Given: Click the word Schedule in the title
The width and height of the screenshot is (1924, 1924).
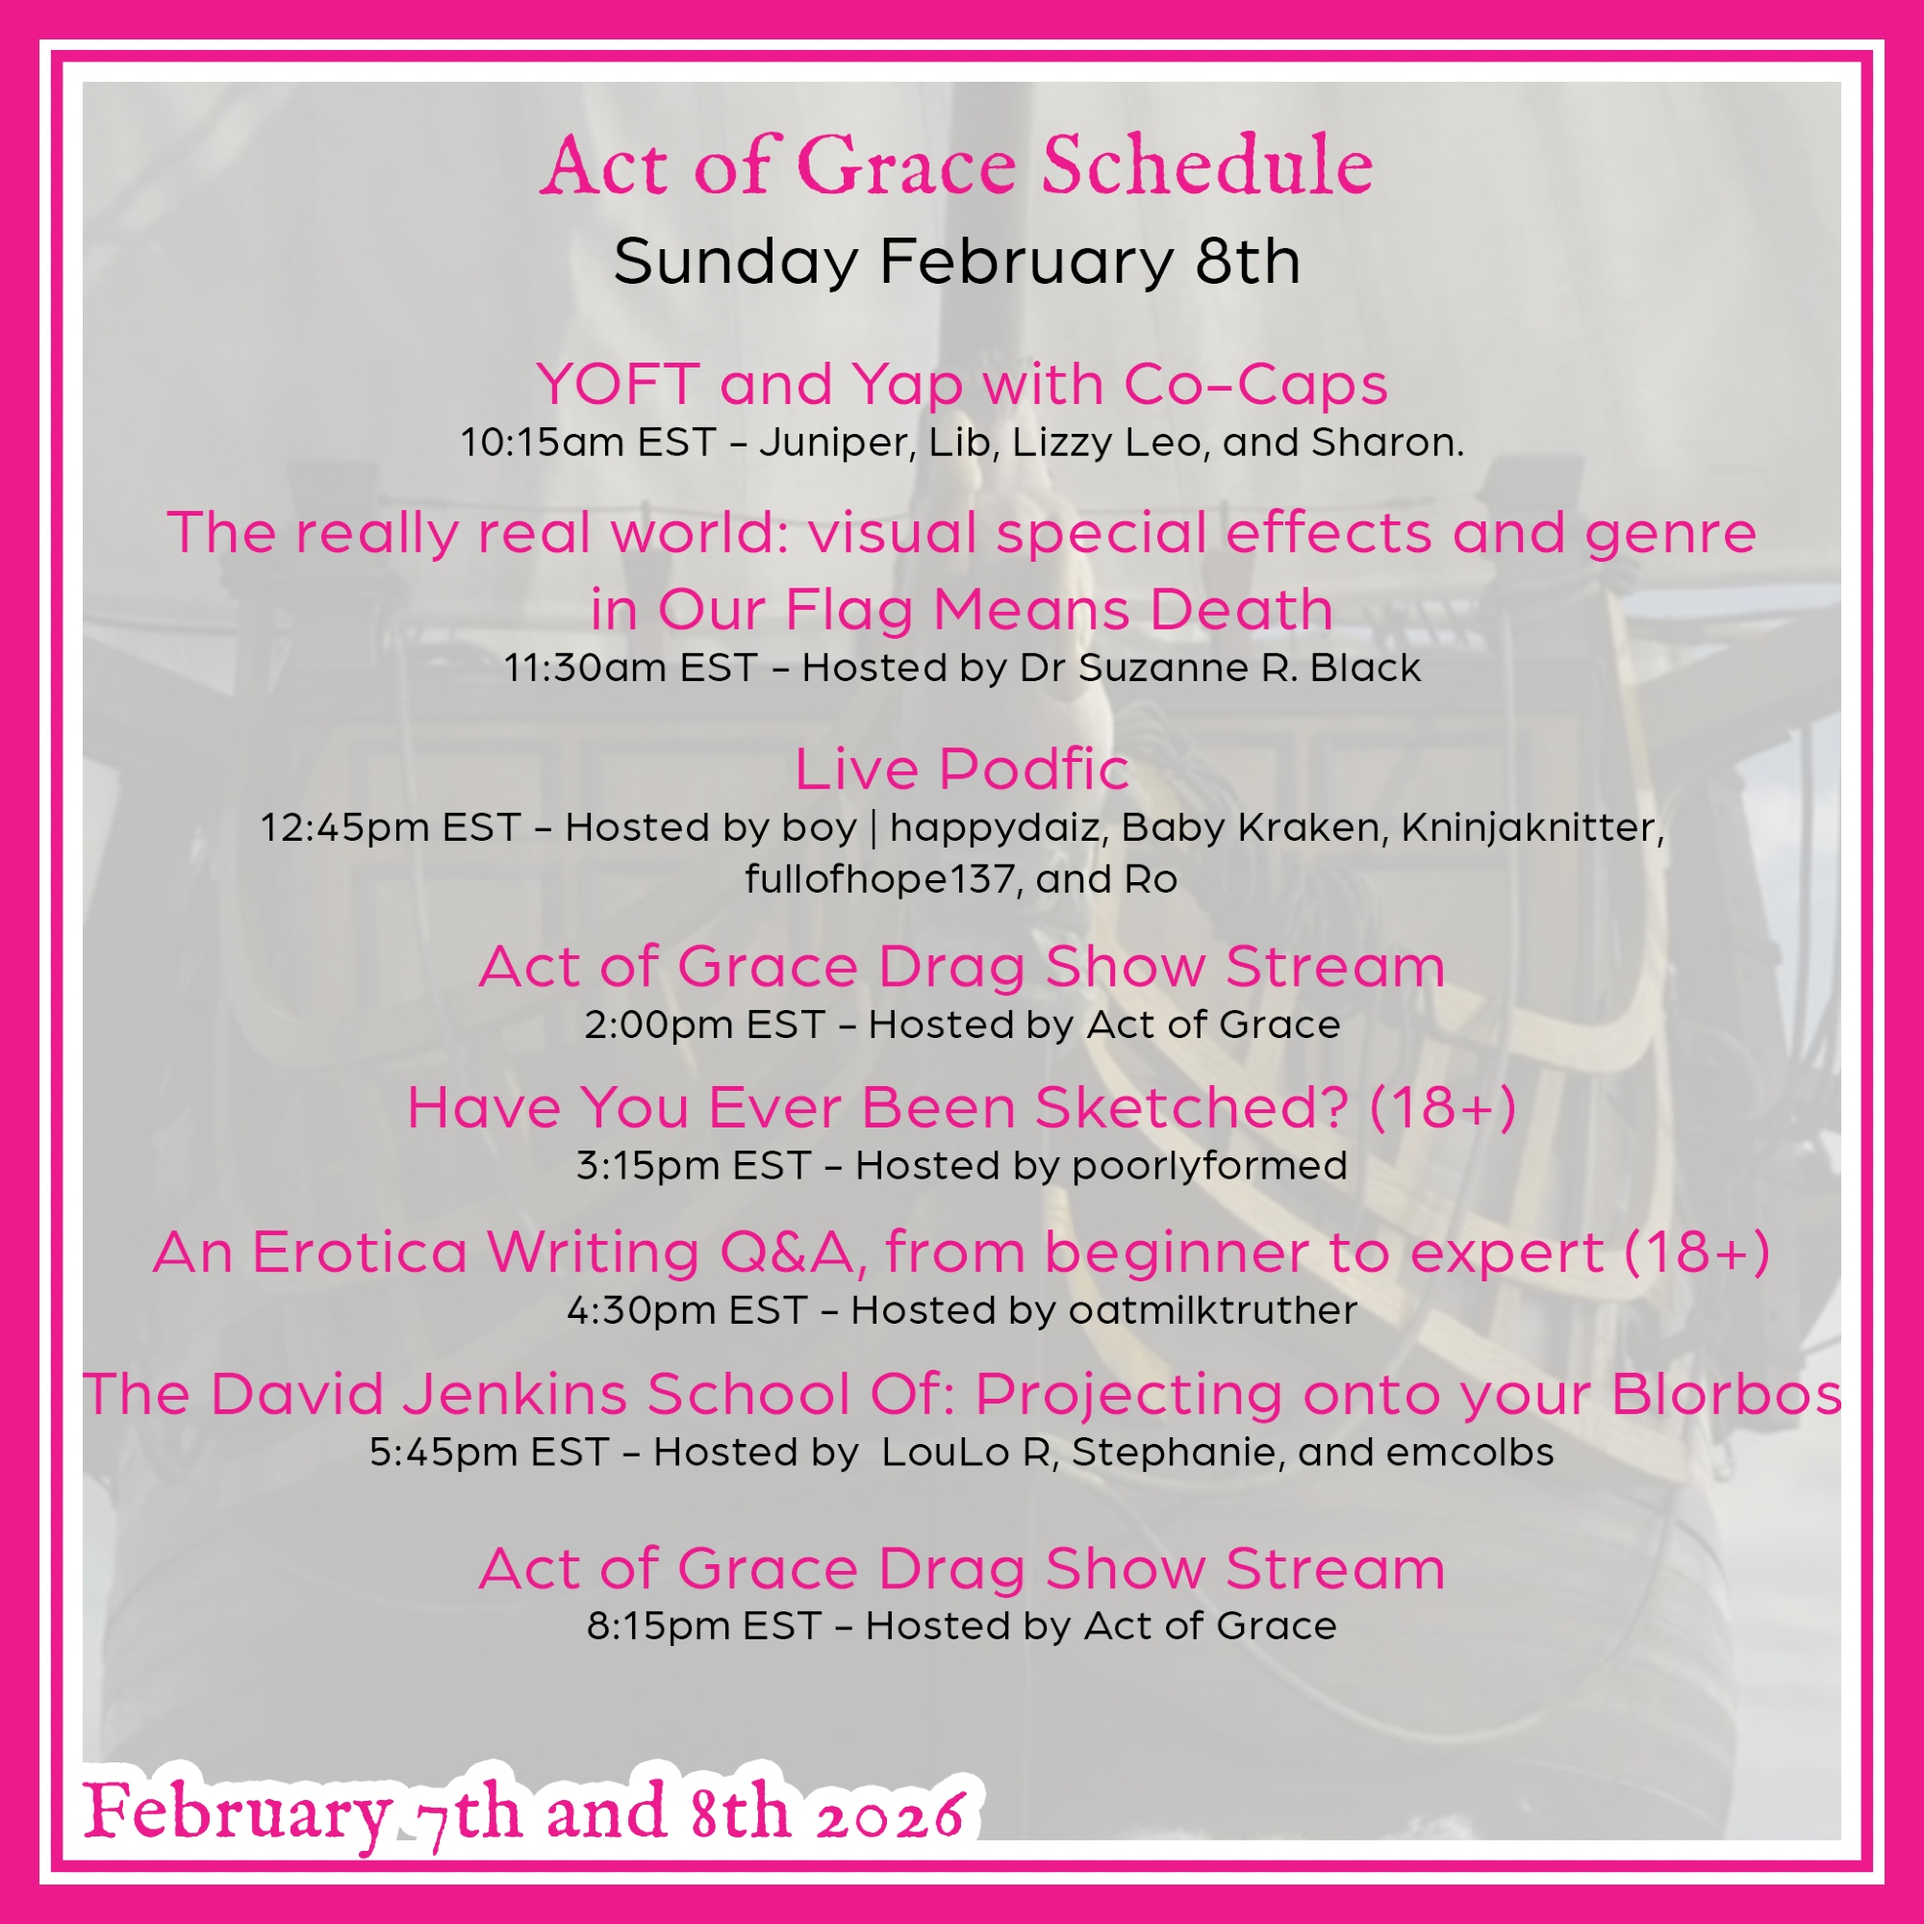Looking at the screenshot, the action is (1207, 165).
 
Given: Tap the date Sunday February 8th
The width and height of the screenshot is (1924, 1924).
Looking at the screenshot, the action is (957, 262).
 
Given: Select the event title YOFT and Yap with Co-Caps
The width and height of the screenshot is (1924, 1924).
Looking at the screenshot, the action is (962, 385).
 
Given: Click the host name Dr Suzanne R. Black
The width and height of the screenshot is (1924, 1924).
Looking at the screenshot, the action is (1220, 668).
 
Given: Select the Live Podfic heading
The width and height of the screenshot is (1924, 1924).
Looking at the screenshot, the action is (962, 769).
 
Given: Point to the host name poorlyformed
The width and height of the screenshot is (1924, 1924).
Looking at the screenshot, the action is (1209, 1166).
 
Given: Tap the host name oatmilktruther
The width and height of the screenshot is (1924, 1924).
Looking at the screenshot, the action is (1213, 1310).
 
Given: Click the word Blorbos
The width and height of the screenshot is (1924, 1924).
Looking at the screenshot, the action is (1727, 1393).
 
